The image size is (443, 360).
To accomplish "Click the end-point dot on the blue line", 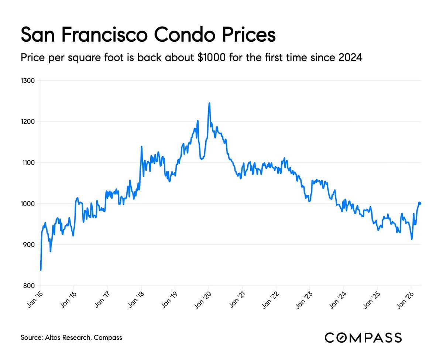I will pos(420,203).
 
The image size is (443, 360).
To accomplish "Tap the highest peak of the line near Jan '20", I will pos(209,103).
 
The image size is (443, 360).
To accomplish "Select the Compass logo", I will pos(363,337).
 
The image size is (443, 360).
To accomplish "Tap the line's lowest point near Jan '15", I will pos(41,270).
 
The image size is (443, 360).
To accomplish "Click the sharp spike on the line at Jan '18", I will pos(141,147).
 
